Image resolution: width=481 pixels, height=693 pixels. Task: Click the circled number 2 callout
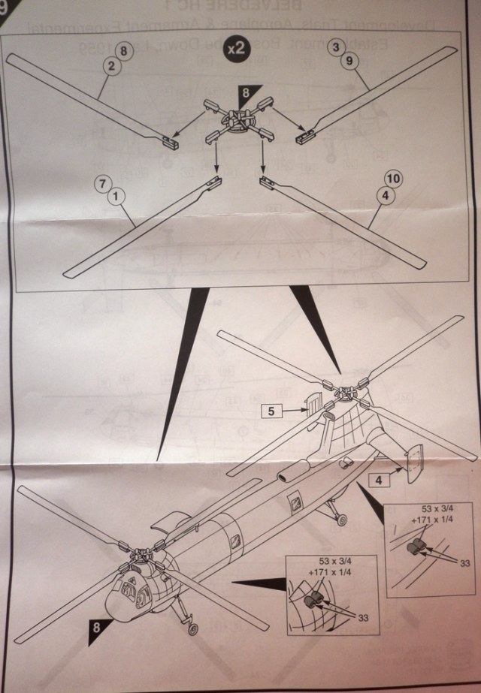tap(111, 67)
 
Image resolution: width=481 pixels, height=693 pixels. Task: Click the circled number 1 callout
tap(114, 196)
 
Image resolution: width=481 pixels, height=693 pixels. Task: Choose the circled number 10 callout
tap(392, 179)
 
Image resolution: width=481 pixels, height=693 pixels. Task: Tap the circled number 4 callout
tap(385, 195)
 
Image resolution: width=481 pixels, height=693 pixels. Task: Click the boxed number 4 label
tap(380, 479)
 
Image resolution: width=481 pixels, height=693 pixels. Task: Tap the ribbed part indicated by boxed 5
tap(313, 405)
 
